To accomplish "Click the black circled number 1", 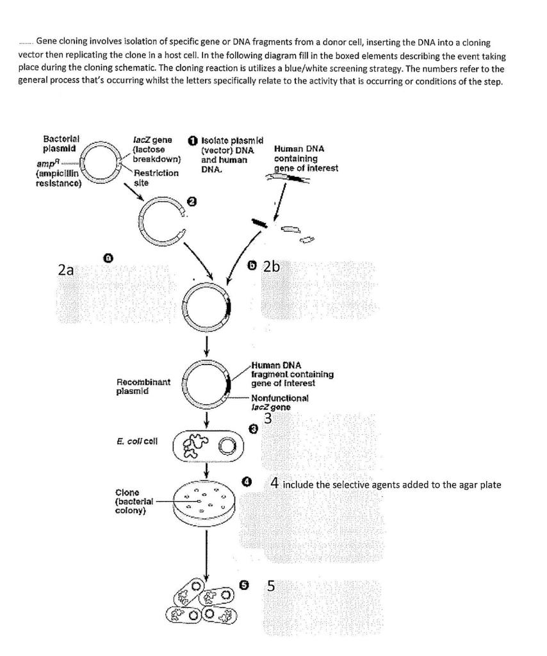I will [192, 140].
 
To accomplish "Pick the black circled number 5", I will [243, 585].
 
